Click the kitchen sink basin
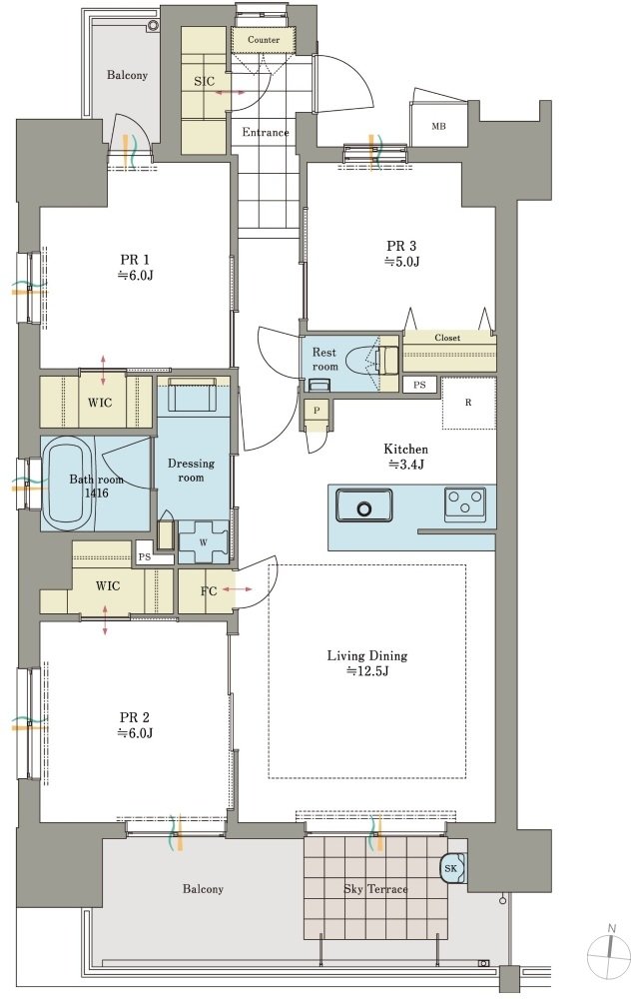[x=364, y=505]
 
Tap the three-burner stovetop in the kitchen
[x=464, y=501]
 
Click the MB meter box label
[x=438, y=126]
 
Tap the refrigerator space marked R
[x=468, y=403]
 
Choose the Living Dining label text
[x=367, y=655]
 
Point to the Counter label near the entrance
[x=264, y=40]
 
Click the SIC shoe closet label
[x=204, y=82]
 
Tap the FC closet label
[x=209, y=591]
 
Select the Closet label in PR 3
[x=447, y=338]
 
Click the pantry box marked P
[x=317, y=411]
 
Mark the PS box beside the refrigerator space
[x=419, y=385]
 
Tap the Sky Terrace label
[x=375, y=889]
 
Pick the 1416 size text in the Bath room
[x=97, y=493]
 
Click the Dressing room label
[x=191, y=471]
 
